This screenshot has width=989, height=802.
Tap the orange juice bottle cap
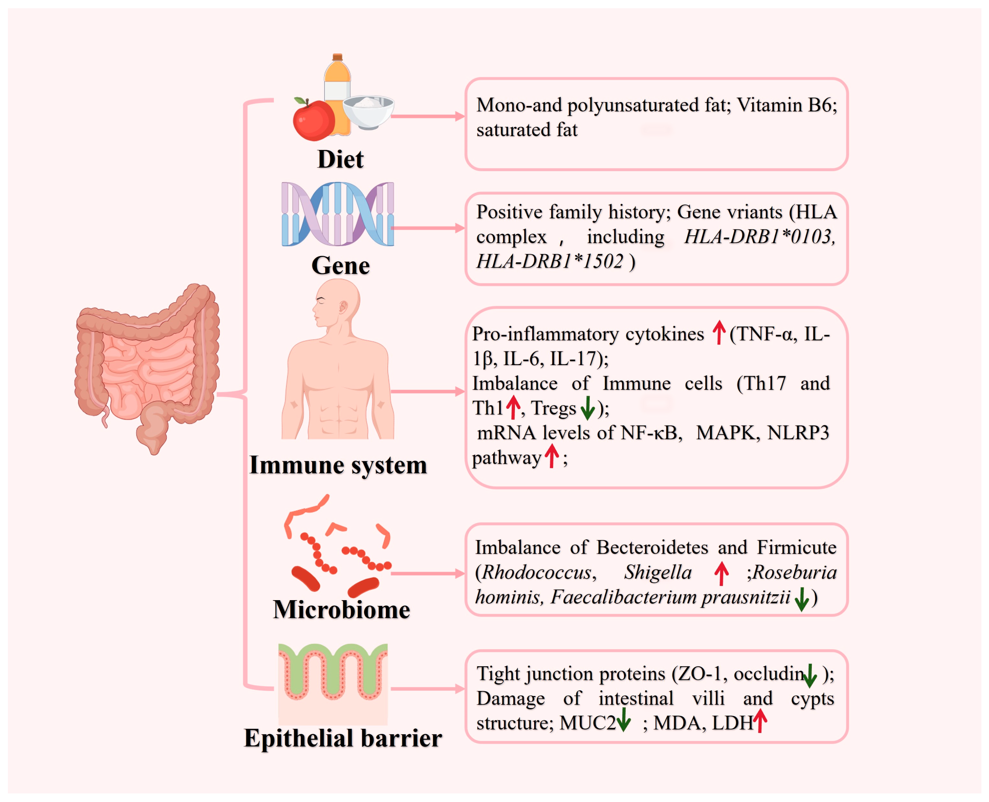pos(337,57)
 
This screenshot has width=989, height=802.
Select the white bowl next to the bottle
pos(368,112)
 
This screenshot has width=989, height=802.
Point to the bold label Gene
pos(340,266)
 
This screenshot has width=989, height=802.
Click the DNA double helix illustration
pos(337,214)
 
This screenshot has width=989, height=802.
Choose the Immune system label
pos(338,465)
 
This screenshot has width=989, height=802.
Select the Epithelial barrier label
pos(343,738)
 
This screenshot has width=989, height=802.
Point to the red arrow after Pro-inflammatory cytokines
pos(719,333)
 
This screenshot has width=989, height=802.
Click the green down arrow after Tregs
pos(587,407)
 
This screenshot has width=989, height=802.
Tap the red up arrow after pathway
pos(552,456)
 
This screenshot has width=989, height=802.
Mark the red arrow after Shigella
pos(721,573)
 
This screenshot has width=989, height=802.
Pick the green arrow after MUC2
pos(624,720)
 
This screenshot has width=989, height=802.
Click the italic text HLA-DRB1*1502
pos(549,262)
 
